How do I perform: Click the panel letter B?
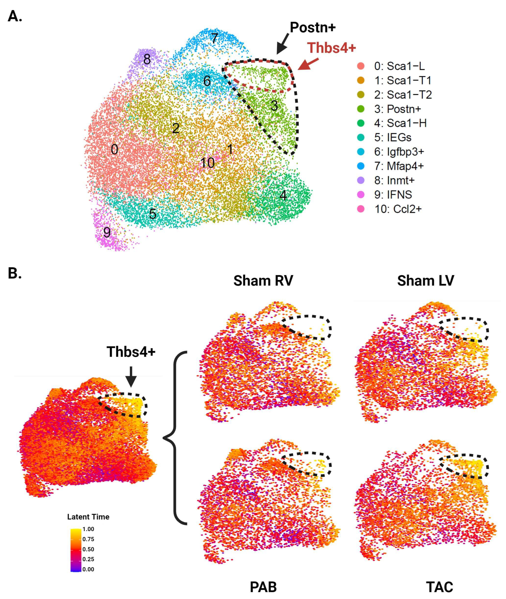coord(14,273)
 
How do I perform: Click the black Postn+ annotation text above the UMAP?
coord(313,28)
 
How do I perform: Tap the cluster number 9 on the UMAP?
coord(107,232)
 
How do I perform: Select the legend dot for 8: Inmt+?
coord(361,180)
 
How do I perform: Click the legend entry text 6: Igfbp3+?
coord(399,152)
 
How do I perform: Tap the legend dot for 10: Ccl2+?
coord(361,209)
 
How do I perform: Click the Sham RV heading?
coord(263,280)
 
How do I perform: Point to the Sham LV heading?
coord(426,280)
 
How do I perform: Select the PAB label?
coord(263,587)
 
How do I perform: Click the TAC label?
coord(439,587)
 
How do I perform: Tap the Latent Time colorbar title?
coord(88,517)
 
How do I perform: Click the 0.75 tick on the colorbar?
coord(88,539)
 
